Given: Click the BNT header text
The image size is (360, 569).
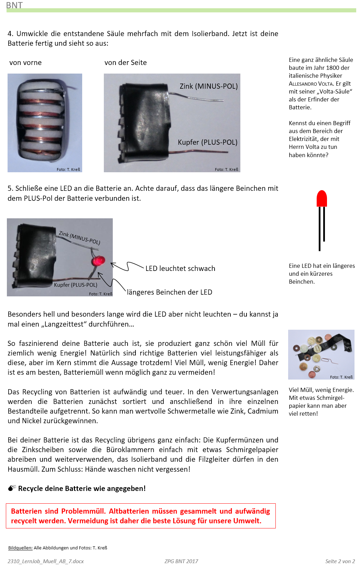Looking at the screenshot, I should point(14,5).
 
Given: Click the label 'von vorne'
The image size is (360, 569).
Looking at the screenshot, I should point(25,63).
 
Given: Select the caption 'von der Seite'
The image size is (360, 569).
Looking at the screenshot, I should point(126,63).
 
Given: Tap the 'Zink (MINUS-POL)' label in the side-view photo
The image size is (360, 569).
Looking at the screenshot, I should point(208,86).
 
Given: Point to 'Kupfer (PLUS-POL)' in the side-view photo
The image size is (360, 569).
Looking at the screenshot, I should point(207,142).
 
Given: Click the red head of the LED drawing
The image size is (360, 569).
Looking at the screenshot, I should point(321,199).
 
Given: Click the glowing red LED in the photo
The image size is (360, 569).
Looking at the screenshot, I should point(99,261).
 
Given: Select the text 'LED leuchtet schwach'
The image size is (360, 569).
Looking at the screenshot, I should point(180,269).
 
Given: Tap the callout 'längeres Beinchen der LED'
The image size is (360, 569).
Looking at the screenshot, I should point(170,292).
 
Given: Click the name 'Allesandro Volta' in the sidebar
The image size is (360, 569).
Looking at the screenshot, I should point(310,84).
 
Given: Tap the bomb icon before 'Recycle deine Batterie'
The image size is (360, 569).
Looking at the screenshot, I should point(12,488).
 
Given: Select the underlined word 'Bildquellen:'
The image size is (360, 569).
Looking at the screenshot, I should point(20,548).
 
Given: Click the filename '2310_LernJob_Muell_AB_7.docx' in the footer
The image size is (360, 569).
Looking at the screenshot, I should point(45,561).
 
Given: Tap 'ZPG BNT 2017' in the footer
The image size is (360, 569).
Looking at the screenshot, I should point(181,561).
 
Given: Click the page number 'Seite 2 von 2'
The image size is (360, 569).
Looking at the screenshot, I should point(340,561).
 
